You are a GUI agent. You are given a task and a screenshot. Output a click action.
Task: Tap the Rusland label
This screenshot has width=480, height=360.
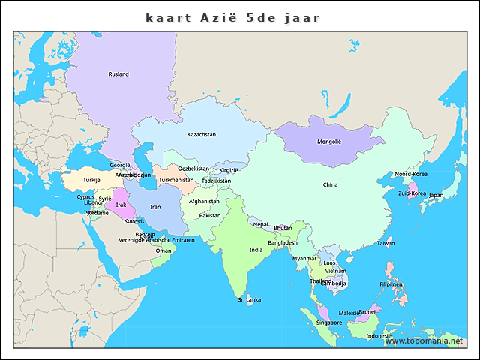click(x=118, y=74)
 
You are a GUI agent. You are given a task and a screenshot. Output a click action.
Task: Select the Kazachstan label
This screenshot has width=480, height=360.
click(x=202, y=135)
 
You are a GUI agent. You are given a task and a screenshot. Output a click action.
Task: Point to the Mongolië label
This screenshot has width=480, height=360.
click(x=329, y=142)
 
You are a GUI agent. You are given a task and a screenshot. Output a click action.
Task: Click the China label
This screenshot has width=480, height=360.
click(x=330, y=184)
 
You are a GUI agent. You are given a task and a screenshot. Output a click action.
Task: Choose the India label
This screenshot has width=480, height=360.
click(x=256, y=250)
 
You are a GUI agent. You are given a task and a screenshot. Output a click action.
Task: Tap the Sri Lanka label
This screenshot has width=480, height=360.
click(x=250, y=299)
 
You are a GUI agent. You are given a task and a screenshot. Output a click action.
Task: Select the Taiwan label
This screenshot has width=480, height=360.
click(x=385, y=243)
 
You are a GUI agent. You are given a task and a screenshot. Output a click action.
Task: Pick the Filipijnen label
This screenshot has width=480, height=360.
click(x=391, y=285)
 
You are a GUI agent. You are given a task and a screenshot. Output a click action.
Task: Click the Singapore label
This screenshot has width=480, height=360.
click(x=329, y=322)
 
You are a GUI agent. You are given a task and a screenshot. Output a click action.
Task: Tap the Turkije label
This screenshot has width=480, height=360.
click(x=91, y=180)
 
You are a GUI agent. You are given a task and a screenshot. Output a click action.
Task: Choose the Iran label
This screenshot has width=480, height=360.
click(x=155, y=207)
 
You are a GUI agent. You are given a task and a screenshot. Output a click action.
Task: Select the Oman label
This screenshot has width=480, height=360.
click(x=163, y=250)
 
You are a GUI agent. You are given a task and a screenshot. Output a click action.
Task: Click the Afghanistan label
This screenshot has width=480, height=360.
click(x=204, y=201)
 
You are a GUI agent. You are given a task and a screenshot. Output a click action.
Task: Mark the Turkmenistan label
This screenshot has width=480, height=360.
click(x=176, y=180)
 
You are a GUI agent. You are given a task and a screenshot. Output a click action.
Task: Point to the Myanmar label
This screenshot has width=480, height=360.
click(x=304, y=258)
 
